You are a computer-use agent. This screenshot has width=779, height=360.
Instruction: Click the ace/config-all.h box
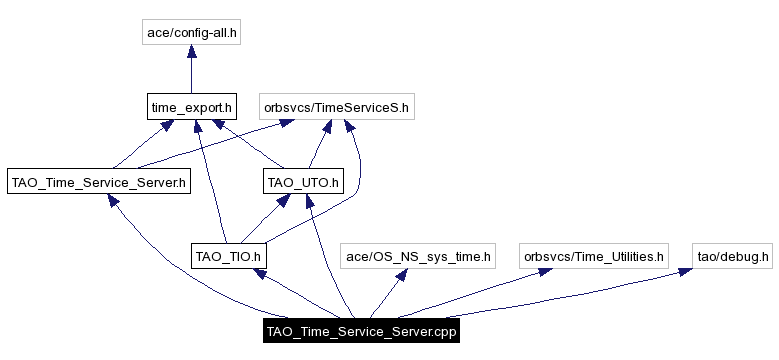(x=191, y=33)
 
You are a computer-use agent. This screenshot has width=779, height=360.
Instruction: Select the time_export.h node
(x=191, y=105)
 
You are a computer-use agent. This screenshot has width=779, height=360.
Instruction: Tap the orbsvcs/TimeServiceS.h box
(x=335, y=105)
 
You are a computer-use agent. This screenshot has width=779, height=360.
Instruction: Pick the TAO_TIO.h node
(x=228, y=256)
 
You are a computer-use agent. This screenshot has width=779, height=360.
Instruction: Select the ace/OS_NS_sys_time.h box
(x=418, y=256)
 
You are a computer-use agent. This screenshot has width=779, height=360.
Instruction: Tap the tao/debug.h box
(x=733, y=256)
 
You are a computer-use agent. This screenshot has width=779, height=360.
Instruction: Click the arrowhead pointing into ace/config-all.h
(x=191, y=54)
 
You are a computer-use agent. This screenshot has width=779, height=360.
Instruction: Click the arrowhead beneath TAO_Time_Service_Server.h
(x=117, y=202)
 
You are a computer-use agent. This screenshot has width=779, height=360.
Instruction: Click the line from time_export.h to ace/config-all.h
(x=191, y=75)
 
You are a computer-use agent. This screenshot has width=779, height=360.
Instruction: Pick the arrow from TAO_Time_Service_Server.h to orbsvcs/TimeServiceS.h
(x=200, y=150)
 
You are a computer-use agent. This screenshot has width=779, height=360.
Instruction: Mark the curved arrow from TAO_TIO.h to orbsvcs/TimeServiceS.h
(x=357, y=180)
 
